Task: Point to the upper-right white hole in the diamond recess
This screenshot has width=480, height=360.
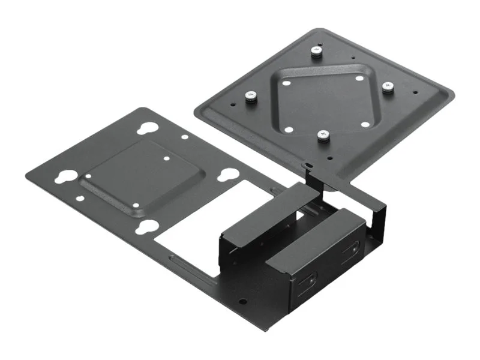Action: tap(359, 79)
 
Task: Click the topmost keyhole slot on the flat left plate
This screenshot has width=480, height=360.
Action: tap(146, 129)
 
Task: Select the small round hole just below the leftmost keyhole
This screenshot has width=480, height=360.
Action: tap(78, 194)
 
